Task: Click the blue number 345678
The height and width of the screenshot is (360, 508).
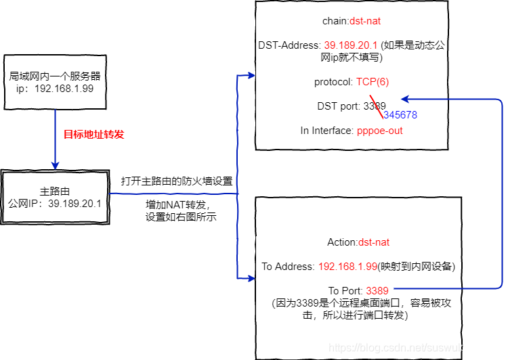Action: click(x=400, y=115)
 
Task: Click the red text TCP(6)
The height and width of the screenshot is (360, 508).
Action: click(x=373, y=82)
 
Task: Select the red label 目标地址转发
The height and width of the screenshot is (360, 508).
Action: click(x=94, y=134)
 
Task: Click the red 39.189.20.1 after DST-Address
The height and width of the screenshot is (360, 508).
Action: click(x=352, y=45)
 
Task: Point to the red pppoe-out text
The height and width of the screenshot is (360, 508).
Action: click(x=379, y=130)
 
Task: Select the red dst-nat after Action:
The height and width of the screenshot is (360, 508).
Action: click(x=374, y=242)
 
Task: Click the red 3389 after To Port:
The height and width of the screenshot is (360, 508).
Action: click(x=377, y=290)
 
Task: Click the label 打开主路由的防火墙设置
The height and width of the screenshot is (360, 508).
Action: click(x=177, y=181)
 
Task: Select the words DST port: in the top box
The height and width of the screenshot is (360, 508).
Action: click(x=339, y=106)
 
